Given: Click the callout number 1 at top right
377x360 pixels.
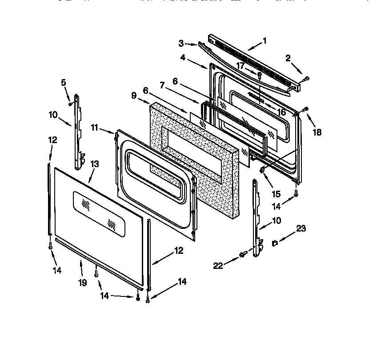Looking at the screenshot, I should coord(265,41).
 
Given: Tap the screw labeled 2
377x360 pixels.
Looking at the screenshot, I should coord(306,80).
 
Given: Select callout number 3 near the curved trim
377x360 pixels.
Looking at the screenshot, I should coord(181,43).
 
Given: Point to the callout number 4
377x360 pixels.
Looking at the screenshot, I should coord(183,57).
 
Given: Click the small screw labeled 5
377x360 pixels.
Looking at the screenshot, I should coord(70,104).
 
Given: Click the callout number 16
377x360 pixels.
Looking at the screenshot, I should coord(282,112).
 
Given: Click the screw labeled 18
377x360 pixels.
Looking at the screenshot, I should coord(305,109).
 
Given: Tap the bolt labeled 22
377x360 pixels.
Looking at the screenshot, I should coord(243,254).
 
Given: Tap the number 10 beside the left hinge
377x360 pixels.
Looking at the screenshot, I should coord(53,115).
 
